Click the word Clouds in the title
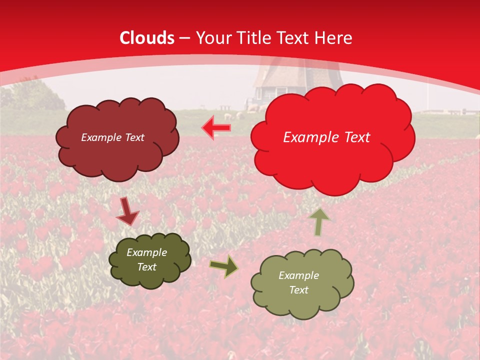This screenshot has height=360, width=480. click(x=147, y=38)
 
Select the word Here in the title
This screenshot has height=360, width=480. click(x=334, y=38)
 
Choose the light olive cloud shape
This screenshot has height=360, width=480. click(x=302, y=300)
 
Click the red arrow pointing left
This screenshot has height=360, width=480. click(x=216, y=128)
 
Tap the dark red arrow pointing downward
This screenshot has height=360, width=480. click(x=127, y=211)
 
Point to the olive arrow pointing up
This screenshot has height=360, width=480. click(x=319, y=222)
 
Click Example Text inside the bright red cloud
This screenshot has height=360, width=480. click(x=326, y=137)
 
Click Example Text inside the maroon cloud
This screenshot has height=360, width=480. click(x=112, y=137)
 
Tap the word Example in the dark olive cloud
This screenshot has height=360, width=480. click(x=146, y=252)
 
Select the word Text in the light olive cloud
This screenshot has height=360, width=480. click(x=298, y=290)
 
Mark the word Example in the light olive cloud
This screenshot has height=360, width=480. click(x=298, y=275)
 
